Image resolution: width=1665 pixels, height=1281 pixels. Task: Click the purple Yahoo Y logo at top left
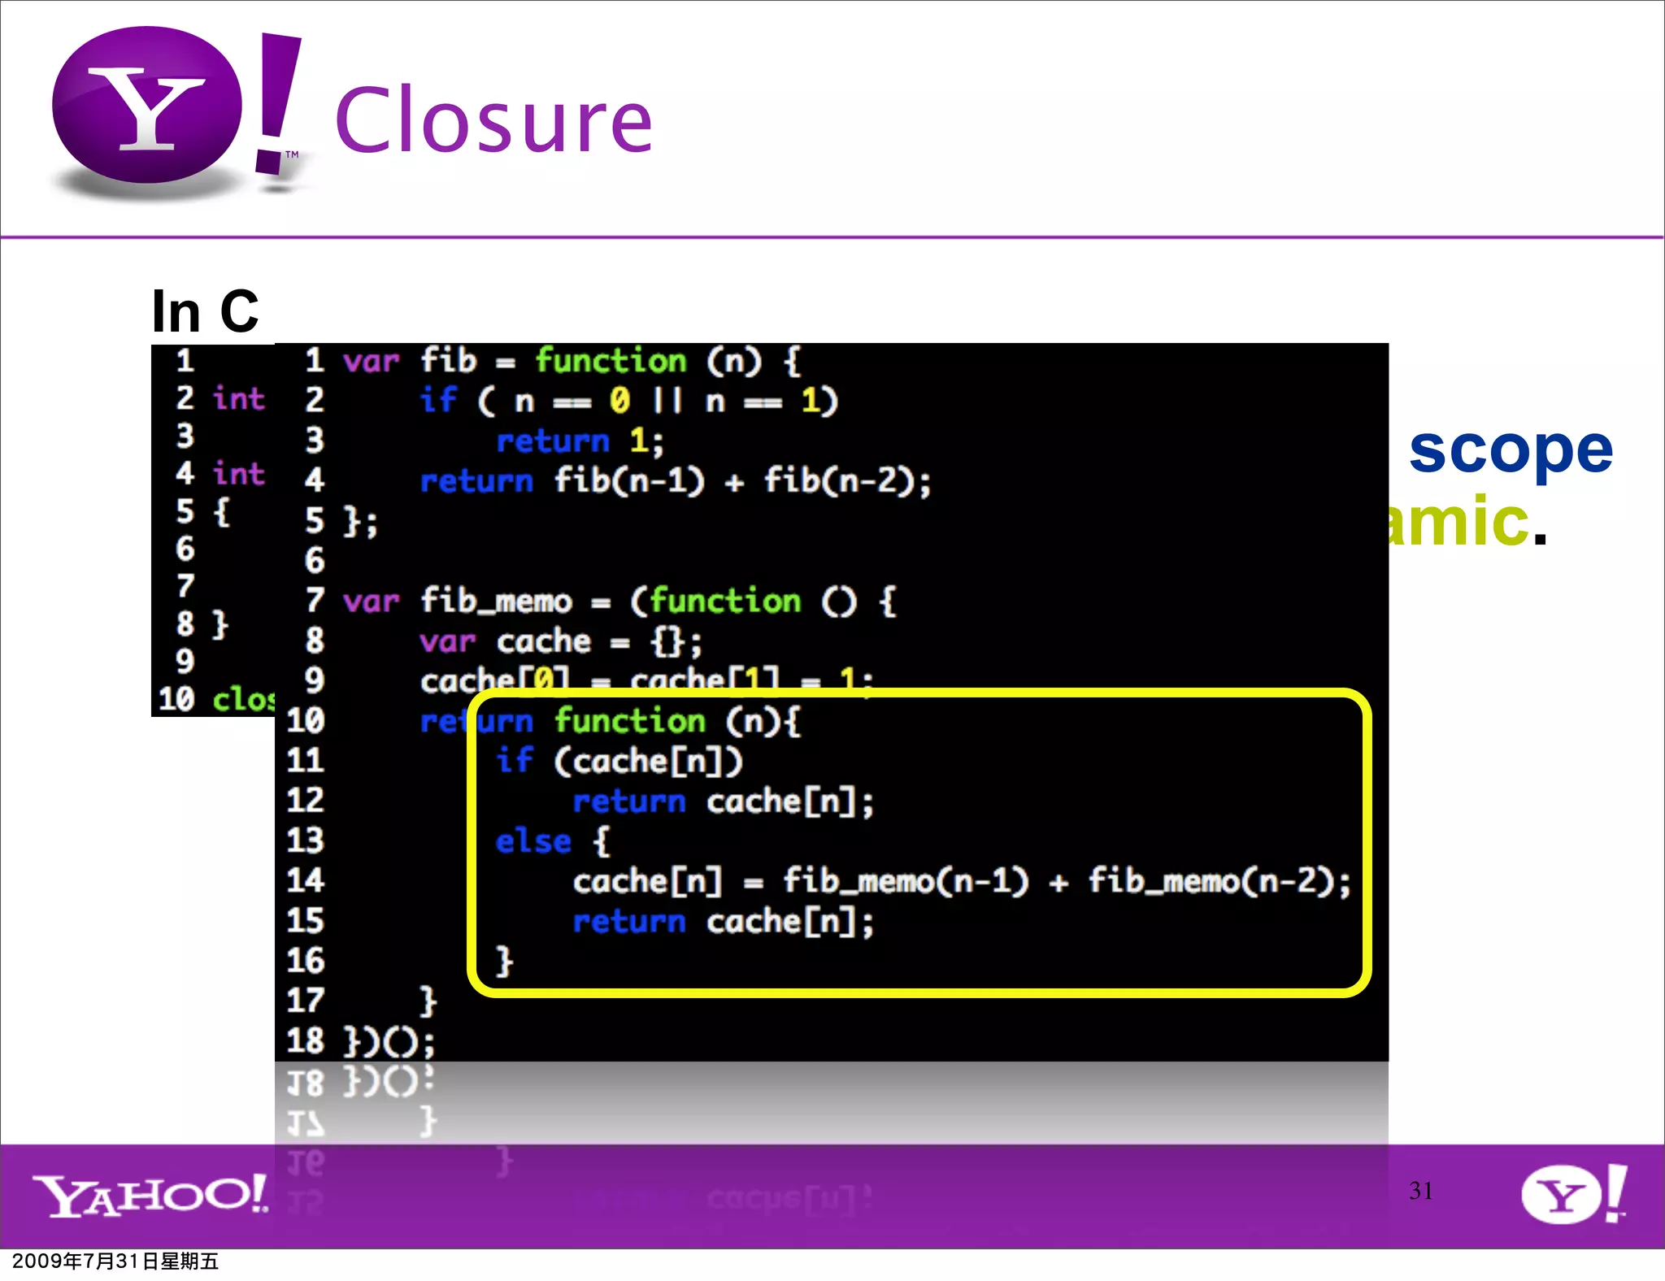(x=147, y=106)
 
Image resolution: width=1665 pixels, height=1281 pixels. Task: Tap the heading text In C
(x=205, y=311)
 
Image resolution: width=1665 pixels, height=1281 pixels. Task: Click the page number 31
(x=1420, y=1191)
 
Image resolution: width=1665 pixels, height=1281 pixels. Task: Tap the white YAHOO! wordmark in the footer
(x=150, y=1196)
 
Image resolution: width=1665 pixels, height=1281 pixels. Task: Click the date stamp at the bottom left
(x=115, y=1261)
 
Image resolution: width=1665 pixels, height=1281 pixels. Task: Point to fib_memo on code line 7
(x=496, y=601)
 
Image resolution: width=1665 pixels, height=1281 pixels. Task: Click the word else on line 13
(x=533, y=841)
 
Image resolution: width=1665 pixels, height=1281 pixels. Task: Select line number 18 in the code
(x=305, y=1041)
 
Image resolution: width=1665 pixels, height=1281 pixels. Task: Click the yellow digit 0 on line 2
(x=619, y=400)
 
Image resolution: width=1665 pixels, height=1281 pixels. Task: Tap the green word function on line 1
(x=611, y=361)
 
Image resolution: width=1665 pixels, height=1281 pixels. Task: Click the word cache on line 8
(x=544, y=642)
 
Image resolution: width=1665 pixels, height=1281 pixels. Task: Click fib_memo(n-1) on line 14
(x=906, y=881)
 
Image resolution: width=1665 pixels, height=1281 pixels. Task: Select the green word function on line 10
(x=630, y=721)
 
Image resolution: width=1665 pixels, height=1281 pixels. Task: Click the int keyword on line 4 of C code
(x=238, y=473)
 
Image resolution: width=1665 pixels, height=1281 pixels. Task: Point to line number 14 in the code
(x=305, y=881)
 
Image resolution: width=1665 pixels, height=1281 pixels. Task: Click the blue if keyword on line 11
(x=515, y=761)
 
